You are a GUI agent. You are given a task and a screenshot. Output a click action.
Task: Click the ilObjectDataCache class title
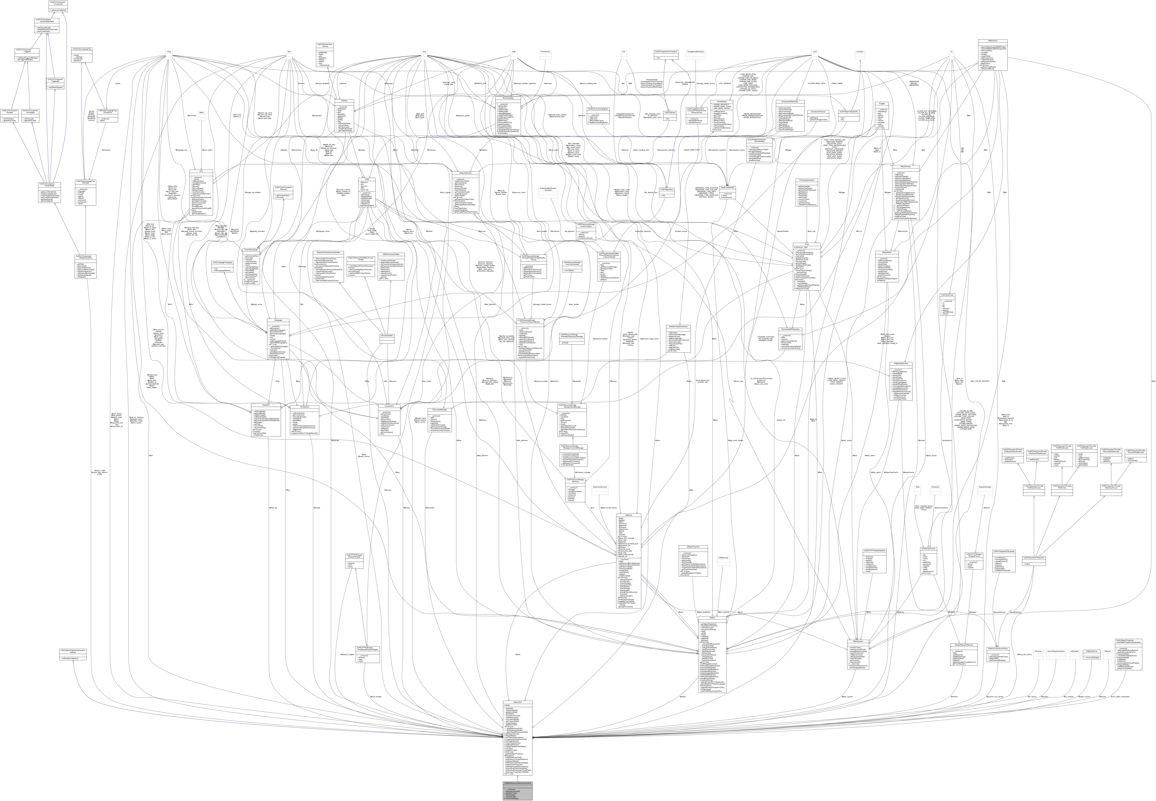pos(901,363)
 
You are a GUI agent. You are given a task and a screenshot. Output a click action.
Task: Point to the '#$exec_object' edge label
pos(207,150)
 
